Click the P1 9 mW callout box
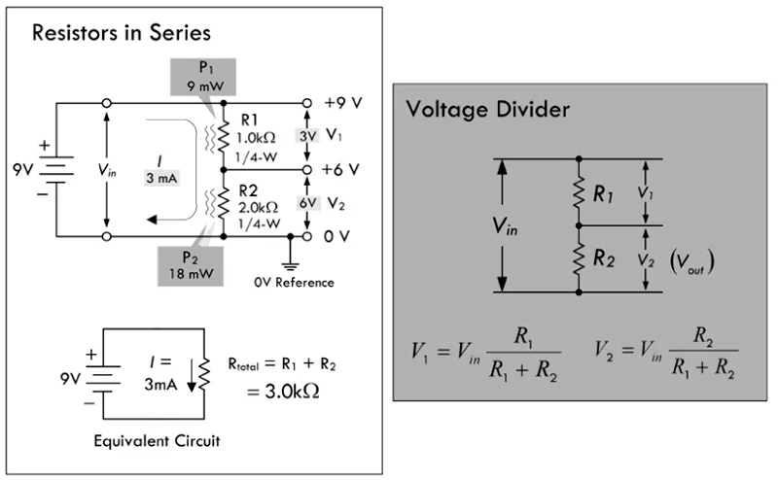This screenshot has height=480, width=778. point(203,77)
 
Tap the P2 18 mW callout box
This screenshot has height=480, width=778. point(191,266)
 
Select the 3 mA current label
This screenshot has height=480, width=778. point(161,178)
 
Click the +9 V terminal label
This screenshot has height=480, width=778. point(343,103)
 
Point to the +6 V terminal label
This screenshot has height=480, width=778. point(340,170)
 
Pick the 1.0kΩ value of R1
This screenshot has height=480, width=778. point(256,137)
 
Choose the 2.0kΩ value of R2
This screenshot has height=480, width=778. point(258,207)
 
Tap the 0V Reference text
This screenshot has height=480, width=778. point(295,283)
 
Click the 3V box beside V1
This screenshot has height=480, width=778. point(307,136)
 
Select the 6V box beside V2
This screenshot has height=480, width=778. point(307,203)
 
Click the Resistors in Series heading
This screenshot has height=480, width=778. point(122,33)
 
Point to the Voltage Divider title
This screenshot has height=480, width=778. point(488,110)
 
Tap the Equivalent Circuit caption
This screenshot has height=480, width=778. point(157,441)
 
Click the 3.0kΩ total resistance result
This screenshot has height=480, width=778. point(283,392)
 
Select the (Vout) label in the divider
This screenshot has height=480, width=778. point(692,262)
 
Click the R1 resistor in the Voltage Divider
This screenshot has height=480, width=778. point(579,192)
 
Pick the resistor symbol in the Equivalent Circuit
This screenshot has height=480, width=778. point(204,374)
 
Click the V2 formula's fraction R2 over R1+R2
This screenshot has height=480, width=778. point(703,352)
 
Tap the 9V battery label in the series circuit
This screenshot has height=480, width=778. point(22,170)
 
